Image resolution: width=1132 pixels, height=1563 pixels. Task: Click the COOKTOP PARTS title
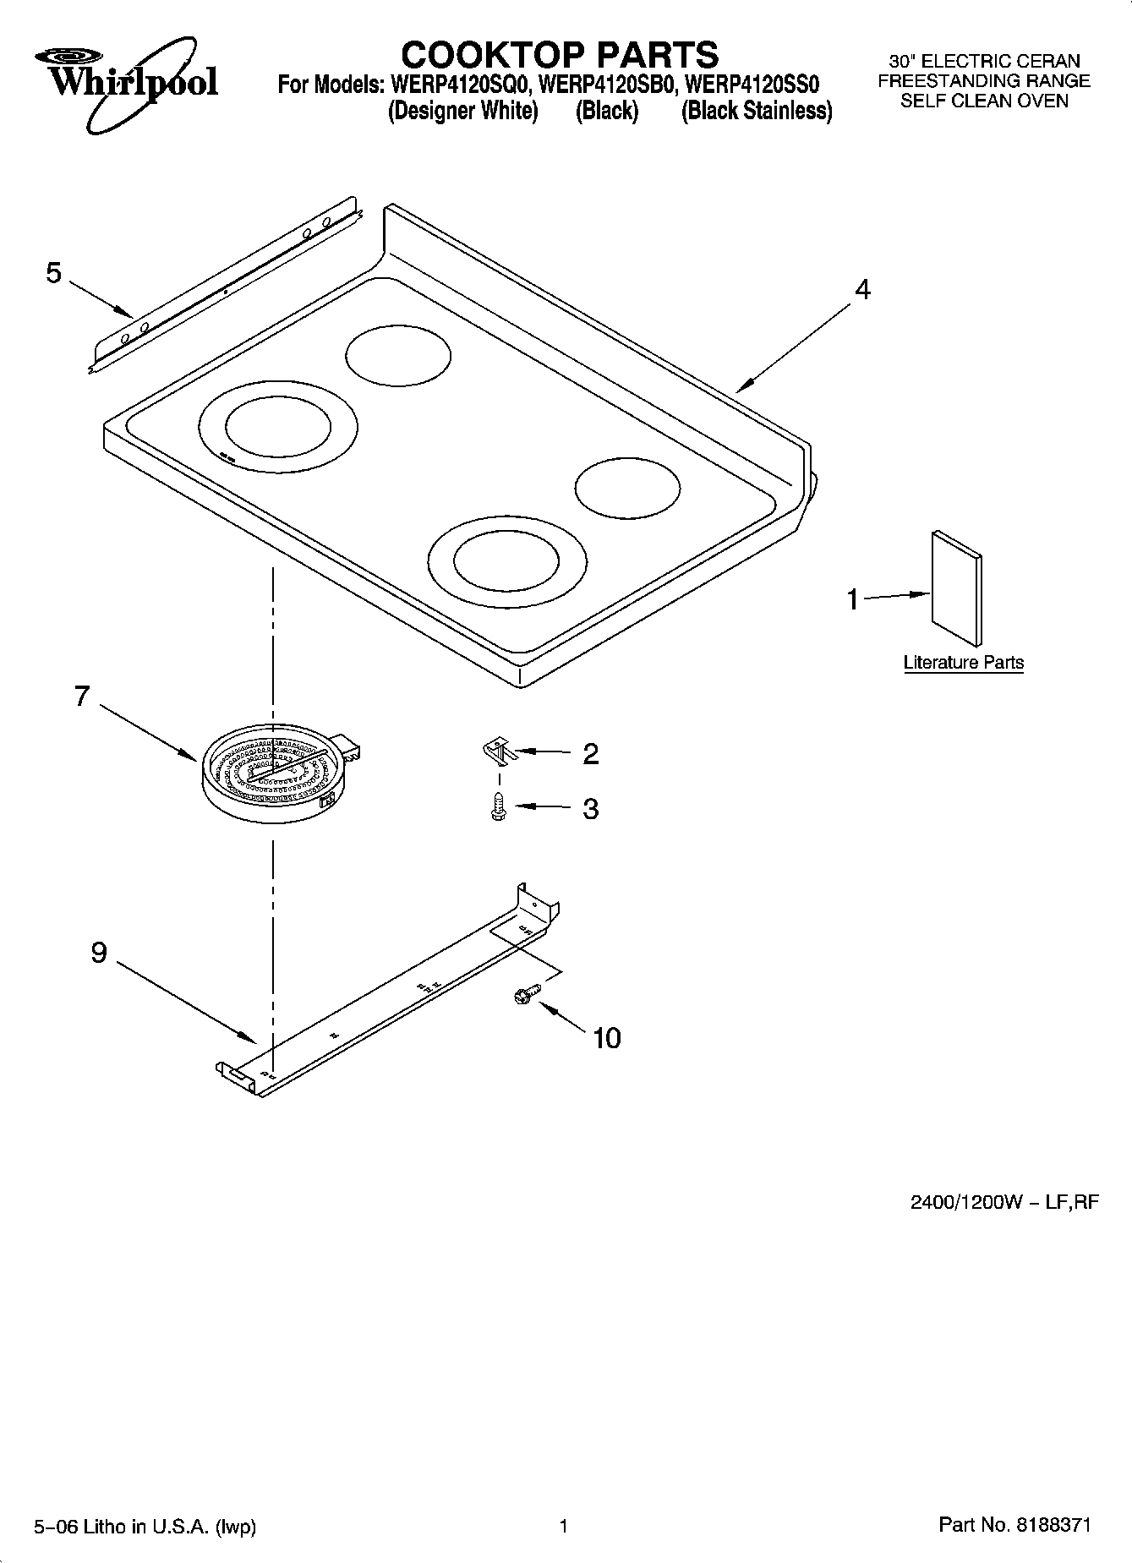click(x=559, y=55)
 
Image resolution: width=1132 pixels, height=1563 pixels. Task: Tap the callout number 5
click(x=54, y=273)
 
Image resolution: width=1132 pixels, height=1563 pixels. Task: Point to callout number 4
click(x=861, y=289)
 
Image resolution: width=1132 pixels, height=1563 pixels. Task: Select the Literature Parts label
click(x=963, y=663)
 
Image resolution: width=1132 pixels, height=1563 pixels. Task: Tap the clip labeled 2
click(x=499, y=748)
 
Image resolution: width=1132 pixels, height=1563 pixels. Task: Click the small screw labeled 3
click(x=498, y=808)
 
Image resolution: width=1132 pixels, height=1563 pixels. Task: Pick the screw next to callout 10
click(x=522, y=997)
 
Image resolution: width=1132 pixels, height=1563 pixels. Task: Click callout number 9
click(x=99, y=953)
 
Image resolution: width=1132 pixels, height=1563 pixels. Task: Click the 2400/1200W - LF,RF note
click(x=1004, y=1201)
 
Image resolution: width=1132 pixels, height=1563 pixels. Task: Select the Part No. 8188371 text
click(x=1014, y=1524)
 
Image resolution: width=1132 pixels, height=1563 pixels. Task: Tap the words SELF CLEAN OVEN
click(x=984, y=101)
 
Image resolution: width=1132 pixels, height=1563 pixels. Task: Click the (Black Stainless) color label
click(x=757, y=111)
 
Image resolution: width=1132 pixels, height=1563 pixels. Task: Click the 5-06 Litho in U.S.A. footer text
click(x=145, y=1526)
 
